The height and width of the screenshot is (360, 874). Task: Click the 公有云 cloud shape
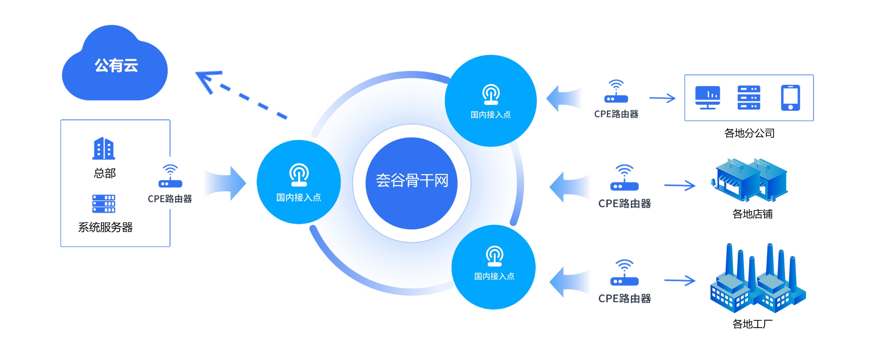point(115,66)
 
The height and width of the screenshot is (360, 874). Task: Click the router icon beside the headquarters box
point(170,177)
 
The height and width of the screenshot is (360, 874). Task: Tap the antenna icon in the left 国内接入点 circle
point(299,175)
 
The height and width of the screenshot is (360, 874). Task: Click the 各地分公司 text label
point(749,133)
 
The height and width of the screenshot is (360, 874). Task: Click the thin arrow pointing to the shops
point(680,185)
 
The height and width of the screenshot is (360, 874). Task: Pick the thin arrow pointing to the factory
point(680,280)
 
